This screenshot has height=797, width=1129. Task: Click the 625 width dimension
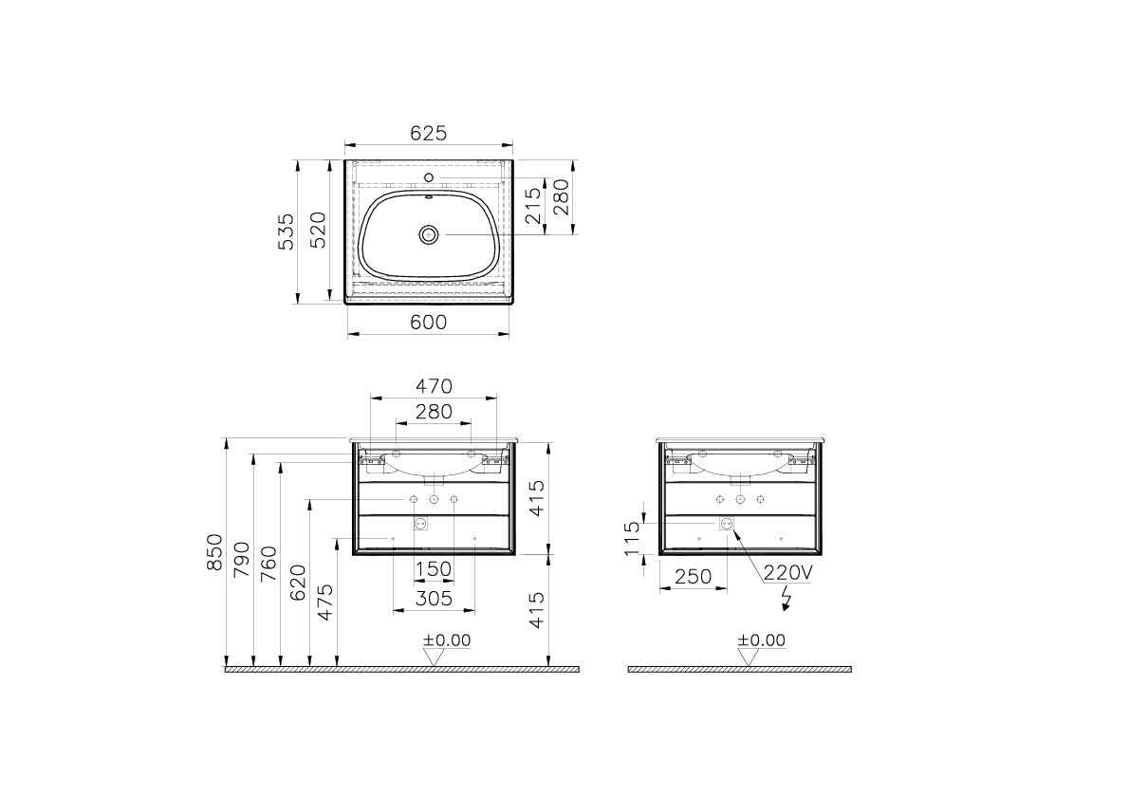click(x=428, y=134)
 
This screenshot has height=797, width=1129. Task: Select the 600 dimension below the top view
click(x=428, y=323)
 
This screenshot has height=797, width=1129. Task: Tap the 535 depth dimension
click(x=286, y=232)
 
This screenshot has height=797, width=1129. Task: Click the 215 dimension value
click(x=532, y=206)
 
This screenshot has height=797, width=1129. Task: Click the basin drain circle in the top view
click(x=429, y=234)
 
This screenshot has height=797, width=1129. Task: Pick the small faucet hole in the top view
click(x=429, y=176)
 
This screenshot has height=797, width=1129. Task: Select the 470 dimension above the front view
click(x=433, y=386)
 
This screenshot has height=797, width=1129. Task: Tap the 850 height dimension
click(x=214, y=553)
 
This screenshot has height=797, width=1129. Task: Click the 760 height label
click(x=268, y=565)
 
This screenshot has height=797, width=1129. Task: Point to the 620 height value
click(x=297, y=583)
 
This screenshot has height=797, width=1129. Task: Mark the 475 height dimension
click(x=324, y=602)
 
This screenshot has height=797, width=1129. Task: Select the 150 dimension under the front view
click(x=433, y=568)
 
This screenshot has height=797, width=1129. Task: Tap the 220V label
click(x=787, y=572)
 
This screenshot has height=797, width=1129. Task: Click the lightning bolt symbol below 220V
click(x=786, y=596)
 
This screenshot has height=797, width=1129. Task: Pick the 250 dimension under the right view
click(x=694, y=576)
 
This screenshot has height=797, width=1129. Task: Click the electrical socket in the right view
click(x=728, y=523)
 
